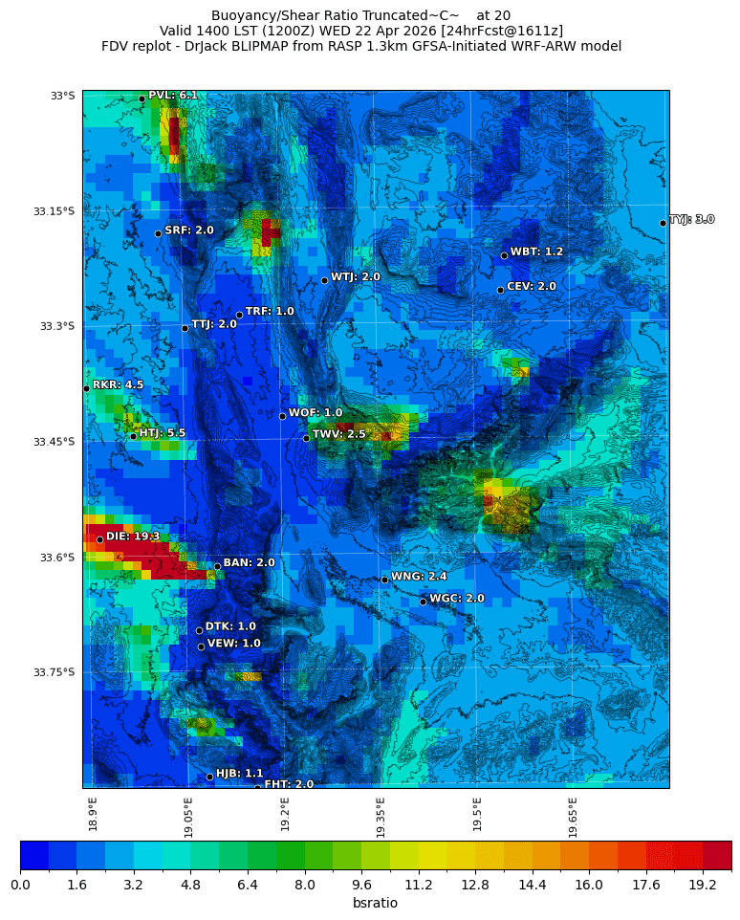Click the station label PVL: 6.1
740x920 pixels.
pyautogui.click(x=173, y=96)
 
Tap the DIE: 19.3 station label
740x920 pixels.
pyautogui.click(x=133, y=537)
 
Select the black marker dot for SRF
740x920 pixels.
pyautogui.click(x=158, y=233)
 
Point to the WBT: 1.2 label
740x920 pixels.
pyautogui.click(x=536, y=252)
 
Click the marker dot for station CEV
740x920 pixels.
pyautogui.click(x=500, y=290)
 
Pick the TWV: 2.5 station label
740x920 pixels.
pyautogui.click(x=339, y=434)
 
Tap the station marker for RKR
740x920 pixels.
pyautogui.click(x=86, y=388)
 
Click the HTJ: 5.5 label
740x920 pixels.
pyautogui.click(x=163, y=433)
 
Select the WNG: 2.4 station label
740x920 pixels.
pyautogui.click(x=419, y=577)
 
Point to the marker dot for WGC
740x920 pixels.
pyautogui.click(x=423, y=602)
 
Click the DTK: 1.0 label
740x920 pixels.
pyautogui.click(x=230, y=626)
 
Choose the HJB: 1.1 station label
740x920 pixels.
pyautogui.click(x=239, y=773)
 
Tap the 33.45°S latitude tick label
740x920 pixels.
pyautogui.click(x=54, y=442)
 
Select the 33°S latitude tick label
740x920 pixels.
pyautogui.click(x=62, y=96)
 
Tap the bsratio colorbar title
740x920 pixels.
pyautogui.click(x=375, y=904)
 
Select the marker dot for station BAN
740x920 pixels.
pyautogui.click(x=217, y=566)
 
